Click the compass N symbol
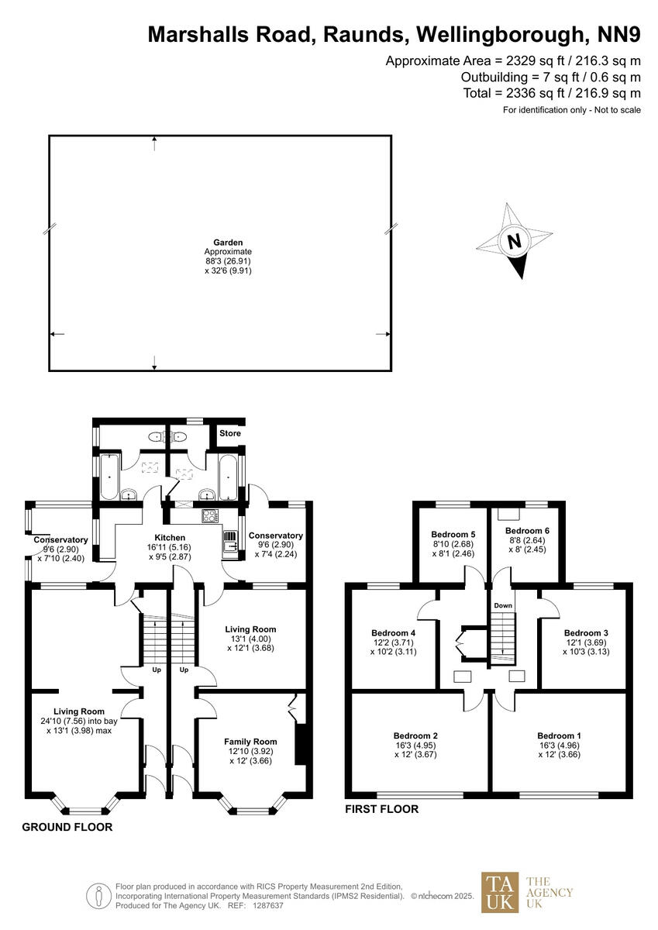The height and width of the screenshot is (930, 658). coord(513,241)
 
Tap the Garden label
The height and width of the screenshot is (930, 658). coord(228,243)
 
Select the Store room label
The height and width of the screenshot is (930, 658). coord(230,433)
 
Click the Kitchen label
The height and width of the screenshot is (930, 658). coord(170,538)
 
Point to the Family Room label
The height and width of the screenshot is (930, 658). coord(246,741)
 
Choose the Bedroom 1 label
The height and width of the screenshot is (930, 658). coord(559,735)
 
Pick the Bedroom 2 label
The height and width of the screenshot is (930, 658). coord(415,735)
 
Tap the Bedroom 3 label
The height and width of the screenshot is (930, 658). coord(586,632)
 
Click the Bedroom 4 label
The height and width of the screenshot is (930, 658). coord(394,632)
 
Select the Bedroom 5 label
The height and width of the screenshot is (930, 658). coord(453,535)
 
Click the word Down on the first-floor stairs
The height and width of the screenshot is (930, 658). coord(503,605)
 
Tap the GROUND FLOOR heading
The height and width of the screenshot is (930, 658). coord(67,827)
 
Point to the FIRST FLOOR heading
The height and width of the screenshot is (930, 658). coord(381,809)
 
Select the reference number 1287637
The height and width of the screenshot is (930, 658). coord(268,905)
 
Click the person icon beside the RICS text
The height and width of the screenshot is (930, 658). coord(98,896)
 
